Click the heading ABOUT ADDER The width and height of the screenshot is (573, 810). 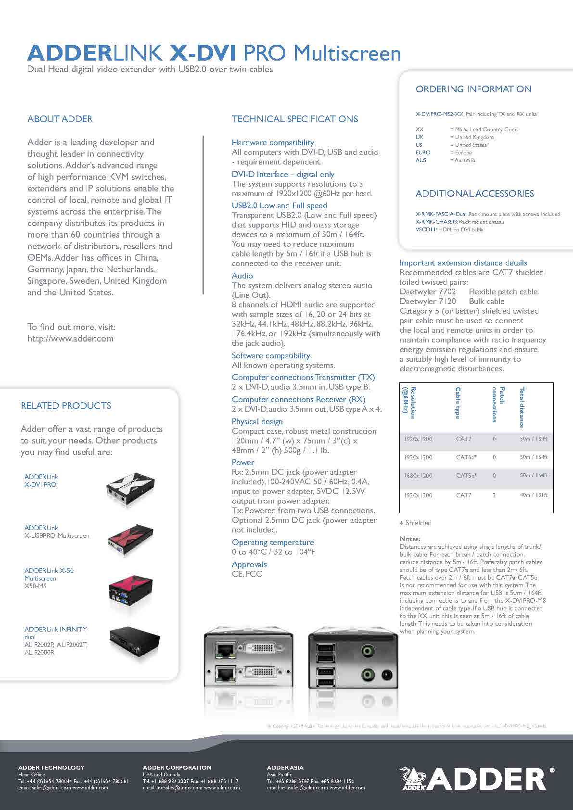(x=60, y=119)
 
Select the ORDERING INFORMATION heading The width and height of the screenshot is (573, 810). (x=473, y=89)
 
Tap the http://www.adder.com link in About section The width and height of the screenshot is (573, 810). (x=70, y=338)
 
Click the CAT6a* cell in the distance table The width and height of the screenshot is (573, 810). (x=466, y=457)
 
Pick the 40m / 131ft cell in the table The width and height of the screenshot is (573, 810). (x=533, y=495)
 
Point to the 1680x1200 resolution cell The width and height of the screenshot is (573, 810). (x=418, y=475)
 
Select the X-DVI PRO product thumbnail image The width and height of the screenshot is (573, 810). (x=130, y=487)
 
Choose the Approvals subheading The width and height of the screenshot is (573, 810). (x=249, y=564)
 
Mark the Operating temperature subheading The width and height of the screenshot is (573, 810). (x=272, y=542)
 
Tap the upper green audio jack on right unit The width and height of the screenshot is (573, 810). (x=368, y=651)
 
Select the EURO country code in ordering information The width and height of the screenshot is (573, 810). (x=423, y=152)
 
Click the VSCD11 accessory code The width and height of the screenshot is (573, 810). (x=425, y=229)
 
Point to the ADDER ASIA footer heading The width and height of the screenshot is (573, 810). (x=285, y=768)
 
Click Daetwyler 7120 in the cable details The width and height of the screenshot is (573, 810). (x=428, y=301)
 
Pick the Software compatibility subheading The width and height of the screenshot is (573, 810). (x=271, y=355)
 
